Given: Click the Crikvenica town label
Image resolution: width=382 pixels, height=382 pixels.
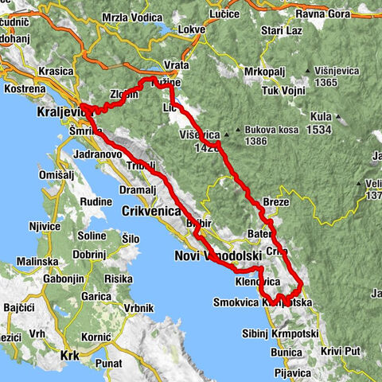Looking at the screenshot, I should point(151,211).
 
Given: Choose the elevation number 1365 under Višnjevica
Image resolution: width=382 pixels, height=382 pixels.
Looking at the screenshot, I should point(328,81).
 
